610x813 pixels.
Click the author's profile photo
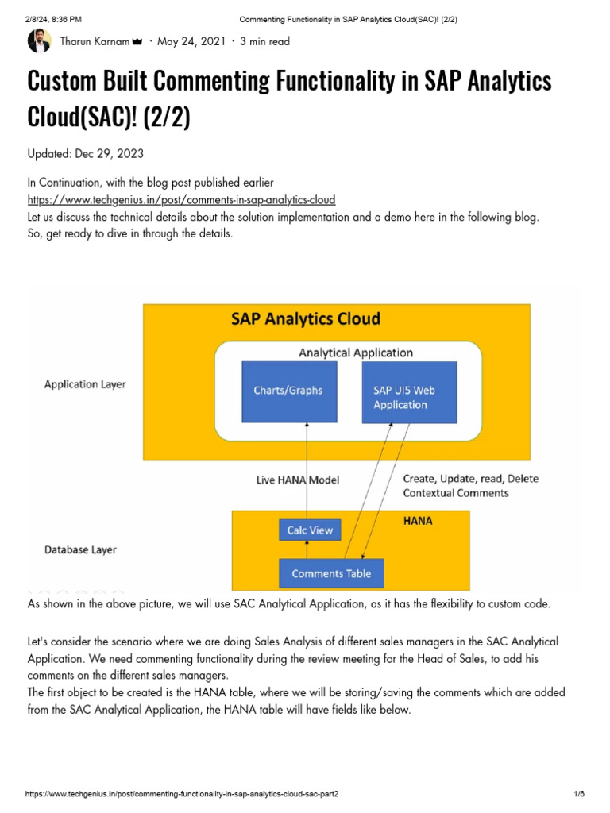(40, 40)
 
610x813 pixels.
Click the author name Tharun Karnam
(95, 41)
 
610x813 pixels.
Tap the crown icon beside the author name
(136, 41)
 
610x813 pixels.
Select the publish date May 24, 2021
(191, 41)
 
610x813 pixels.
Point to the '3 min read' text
(265, 41)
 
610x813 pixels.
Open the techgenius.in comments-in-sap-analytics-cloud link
(181, 199)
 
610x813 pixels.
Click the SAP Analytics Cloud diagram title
(306, 319)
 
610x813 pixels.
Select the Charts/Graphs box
(288, 391)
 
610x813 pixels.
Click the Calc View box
(310, 530)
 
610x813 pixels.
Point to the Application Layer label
(85, 384)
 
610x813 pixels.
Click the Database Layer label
(80, 549)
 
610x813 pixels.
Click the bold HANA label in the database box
(417, 521)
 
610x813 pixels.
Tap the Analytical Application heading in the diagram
(355, 353)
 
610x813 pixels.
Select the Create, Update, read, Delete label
(470, 479)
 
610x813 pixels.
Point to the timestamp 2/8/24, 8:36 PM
(53, 18)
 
